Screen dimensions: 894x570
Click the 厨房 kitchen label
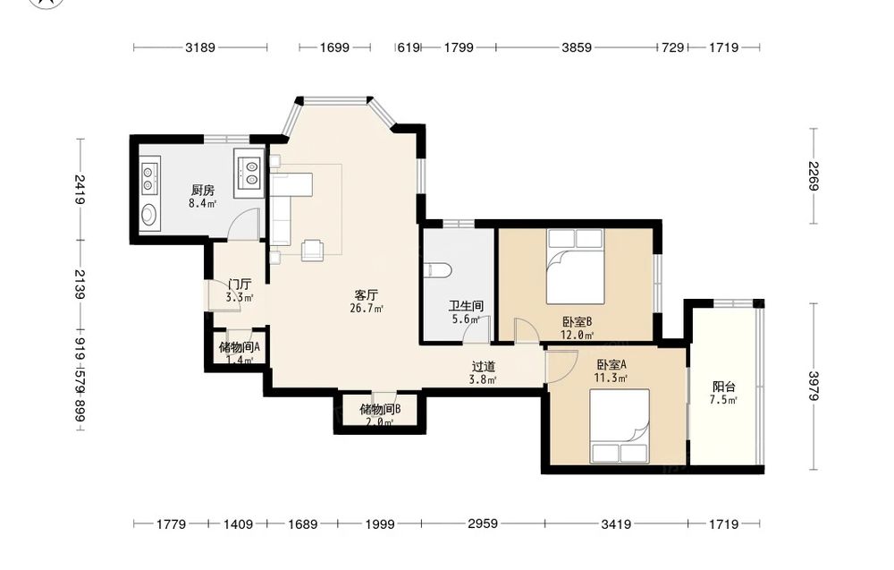(x=202, y=190)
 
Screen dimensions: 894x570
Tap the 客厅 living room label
(x=366, y=295)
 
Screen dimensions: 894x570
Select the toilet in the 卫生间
(x=439, y=268)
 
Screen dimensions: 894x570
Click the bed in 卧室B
(x=575, y=267)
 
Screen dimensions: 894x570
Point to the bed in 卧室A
(x=620, y=426)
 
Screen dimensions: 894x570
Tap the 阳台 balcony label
(x=723, y=387)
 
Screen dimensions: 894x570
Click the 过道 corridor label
(x=483, y=367)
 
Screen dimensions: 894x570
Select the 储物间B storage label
(x=380, y=409)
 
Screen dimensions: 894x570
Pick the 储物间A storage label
(x=240, y=347)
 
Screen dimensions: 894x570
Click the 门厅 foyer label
(x=240, y=285)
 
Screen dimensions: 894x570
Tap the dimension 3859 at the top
(x=577, y=48)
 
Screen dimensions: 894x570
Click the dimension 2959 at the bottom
(x=483, y=523)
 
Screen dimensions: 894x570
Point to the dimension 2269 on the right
(x=814, y=176)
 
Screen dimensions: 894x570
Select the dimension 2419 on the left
(x=80, y=190)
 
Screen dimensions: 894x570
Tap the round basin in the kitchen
(x=148, y=215)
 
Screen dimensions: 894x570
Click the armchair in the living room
(x=312, y=250)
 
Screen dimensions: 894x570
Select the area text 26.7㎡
(x=366, y=309)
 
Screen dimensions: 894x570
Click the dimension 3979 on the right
(x=814, y=387)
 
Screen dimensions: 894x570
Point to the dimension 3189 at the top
(x=200, y=48)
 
